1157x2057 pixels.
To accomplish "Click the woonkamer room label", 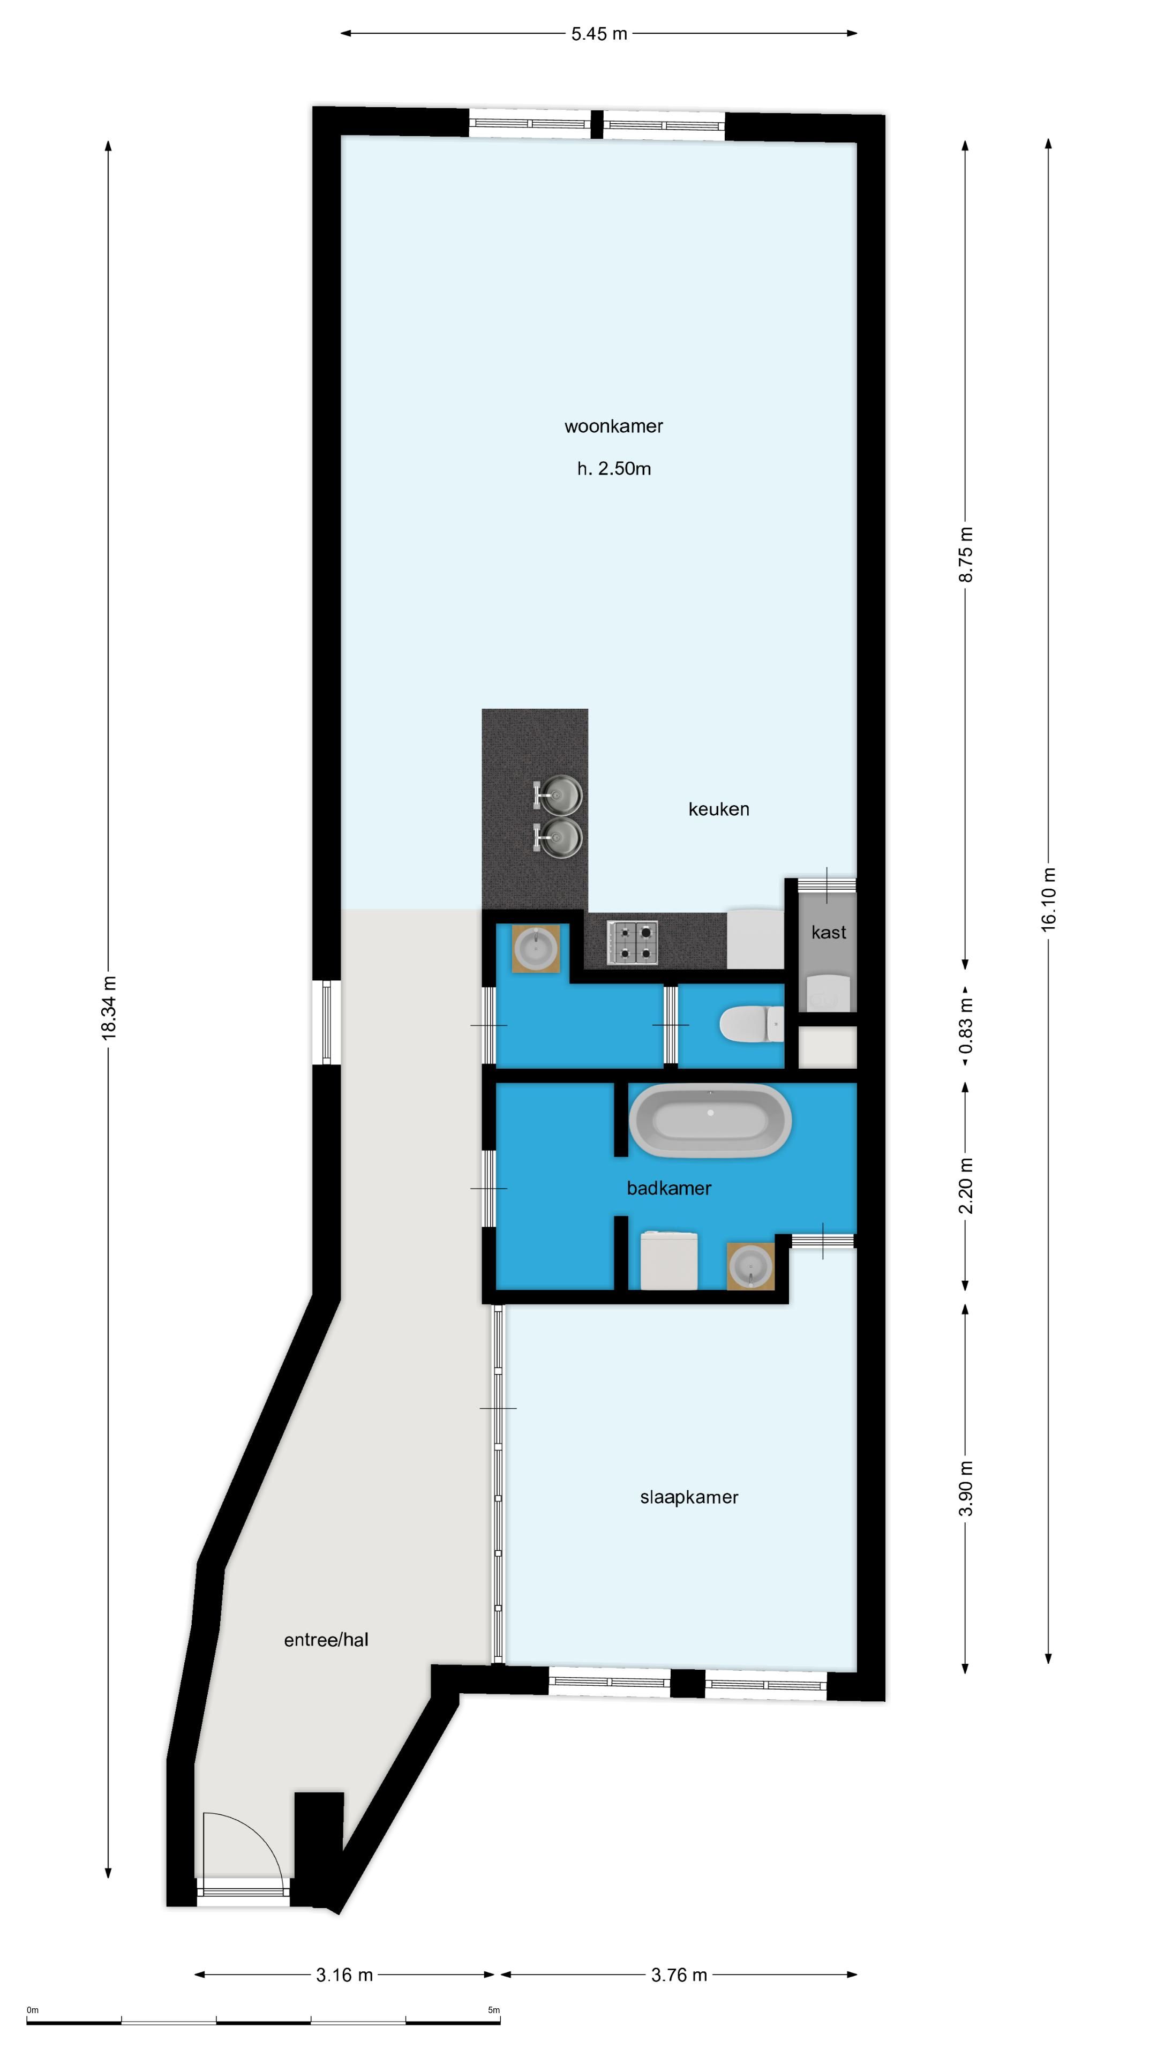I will pos(613,426).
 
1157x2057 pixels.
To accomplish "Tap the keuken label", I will pos(719,809).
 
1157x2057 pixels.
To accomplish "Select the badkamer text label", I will pos(668,1188).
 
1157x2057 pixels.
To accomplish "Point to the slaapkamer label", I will pos(689,1497).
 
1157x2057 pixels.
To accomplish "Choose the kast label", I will pos(828,932).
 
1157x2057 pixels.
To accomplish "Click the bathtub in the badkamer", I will pos(710,1120).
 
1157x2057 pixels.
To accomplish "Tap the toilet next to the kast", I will pos(750,1025).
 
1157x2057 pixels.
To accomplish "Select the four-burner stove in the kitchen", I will pos(633,942).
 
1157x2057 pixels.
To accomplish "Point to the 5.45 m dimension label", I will pos(599,34).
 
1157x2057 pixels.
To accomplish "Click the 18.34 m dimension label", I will pos(109,1007).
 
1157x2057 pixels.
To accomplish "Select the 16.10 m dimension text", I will pos(1048,899).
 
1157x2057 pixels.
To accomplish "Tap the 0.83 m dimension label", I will pos(965,1025).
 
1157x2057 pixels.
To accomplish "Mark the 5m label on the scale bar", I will pos(493,2011).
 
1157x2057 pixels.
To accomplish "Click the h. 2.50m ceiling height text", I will pos(613,469).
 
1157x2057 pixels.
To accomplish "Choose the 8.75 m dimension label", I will pos(965,554).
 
